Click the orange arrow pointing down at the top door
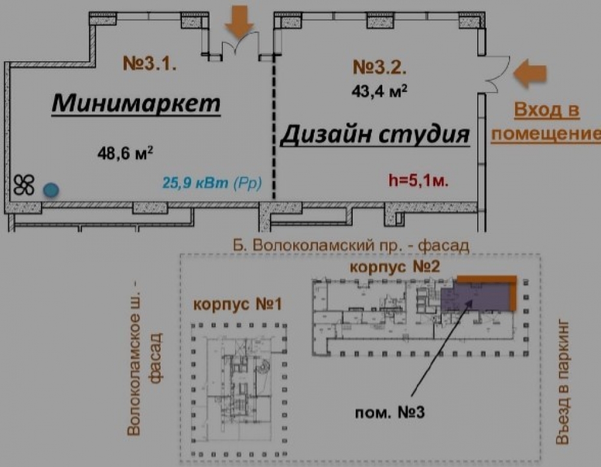239,22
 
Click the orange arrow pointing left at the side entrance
531,72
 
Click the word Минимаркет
136,103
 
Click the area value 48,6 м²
124,153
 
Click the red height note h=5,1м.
419,180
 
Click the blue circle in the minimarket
51,190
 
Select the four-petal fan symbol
25,185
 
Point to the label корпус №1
237,304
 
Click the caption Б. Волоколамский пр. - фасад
352,245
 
